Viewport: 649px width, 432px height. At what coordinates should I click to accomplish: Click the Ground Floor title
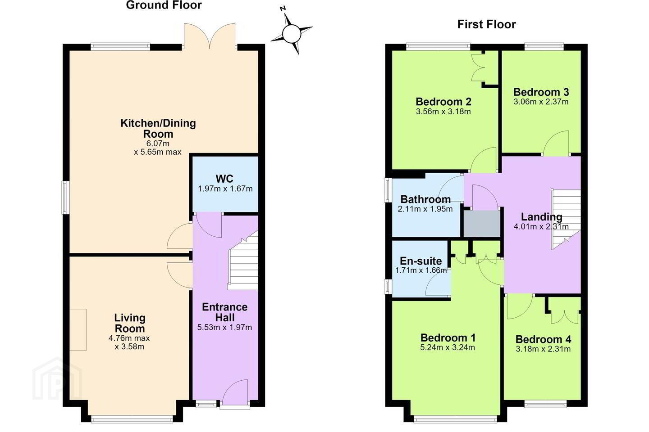[x=164, y=5]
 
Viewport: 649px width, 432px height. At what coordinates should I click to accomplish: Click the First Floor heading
[x=486, y=24]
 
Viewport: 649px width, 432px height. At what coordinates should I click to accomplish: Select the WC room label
[x=224, y=179]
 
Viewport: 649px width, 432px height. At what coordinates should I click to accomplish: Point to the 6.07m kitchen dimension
[x=158, y=143]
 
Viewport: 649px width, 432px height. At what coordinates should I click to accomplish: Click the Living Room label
[x=129, y=323]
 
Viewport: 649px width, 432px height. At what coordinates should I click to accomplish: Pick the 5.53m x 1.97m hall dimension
[x=224, y=327]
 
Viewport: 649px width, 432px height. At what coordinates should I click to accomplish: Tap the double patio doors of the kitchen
[x=210, y=36]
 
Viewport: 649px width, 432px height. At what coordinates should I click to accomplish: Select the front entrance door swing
[x=235, y=391]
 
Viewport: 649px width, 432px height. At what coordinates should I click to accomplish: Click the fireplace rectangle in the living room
[x=78, y=329]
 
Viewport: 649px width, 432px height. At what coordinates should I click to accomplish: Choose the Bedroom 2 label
[x=443, y=102]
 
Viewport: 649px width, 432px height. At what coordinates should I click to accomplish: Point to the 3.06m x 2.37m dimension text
[x=541, y=102]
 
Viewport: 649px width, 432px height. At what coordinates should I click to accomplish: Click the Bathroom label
[x=425, y=199]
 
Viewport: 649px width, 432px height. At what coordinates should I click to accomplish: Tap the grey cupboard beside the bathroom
[x=482, y=224]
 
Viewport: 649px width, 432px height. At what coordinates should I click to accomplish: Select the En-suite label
[x=420, y=261]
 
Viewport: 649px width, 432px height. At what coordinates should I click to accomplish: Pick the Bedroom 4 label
[x=543, y=339]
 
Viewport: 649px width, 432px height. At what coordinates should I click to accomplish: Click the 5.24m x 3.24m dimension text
[x=448, y=347]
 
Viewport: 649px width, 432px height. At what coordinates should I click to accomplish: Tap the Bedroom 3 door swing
[x=556, y=144]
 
